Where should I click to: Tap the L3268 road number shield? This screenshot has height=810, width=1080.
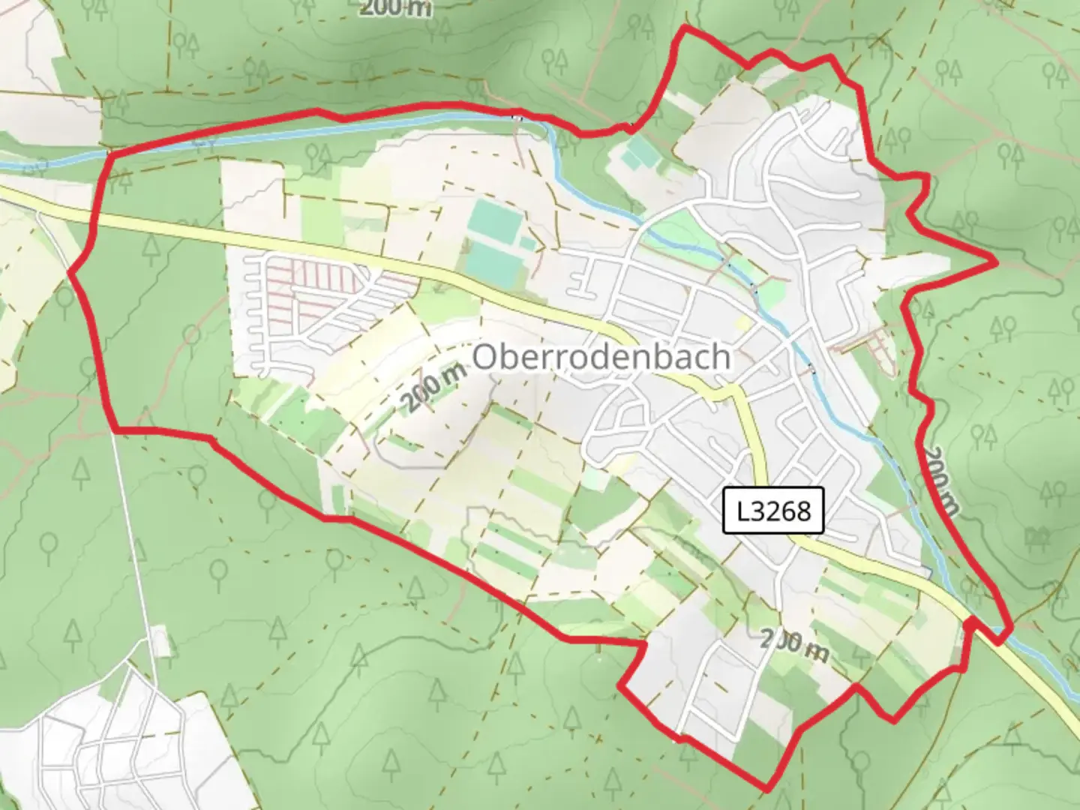pos(773,511)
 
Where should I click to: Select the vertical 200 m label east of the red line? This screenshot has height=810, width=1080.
pos(940,481)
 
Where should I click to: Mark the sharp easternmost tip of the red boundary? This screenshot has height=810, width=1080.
pos(996,262)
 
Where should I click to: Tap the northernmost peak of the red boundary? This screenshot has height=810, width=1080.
pos(684,28)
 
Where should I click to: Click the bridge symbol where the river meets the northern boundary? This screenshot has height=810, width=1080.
pos(517,117)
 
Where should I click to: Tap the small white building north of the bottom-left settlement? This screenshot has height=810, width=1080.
pos(159,641)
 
